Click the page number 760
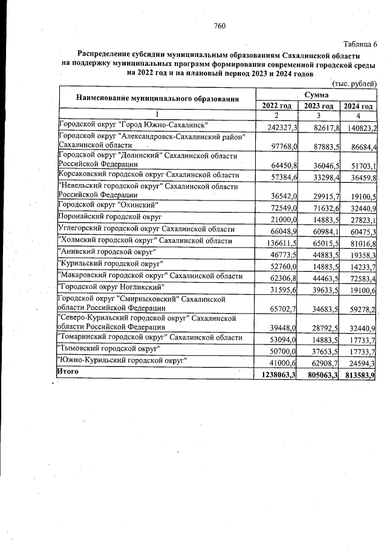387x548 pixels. tap(220, 25)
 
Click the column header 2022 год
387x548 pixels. tap(277, 106)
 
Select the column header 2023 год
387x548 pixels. tap(319, 106)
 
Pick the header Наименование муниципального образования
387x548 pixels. tap(157, 98)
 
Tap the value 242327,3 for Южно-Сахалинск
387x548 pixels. tap(279, 128)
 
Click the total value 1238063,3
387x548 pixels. tap(276, 375)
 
